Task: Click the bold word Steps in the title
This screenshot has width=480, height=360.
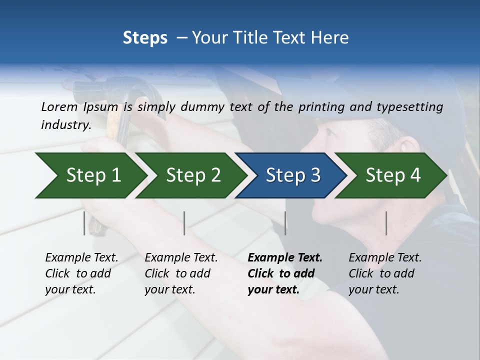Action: point(145,38)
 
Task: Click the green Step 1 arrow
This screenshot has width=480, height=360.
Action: point(87,175)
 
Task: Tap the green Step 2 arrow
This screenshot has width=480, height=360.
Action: point(190,175)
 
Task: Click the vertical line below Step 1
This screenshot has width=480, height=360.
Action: point(84,223)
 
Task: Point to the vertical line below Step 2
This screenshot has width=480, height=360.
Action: point(184,223)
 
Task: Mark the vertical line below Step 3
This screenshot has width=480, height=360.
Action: point(285,223)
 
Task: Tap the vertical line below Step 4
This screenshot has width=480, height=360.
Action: point(386,223)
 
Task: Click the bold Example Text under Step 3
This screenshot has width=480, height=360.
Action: point(285,258)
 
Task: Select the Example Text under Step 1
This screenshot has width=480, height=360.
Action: point(81,258)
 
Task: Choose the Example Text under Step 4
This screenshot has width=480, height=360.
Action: point(385,258)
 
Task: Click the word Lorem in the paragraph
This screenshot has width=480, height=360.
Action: point(59,106)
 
